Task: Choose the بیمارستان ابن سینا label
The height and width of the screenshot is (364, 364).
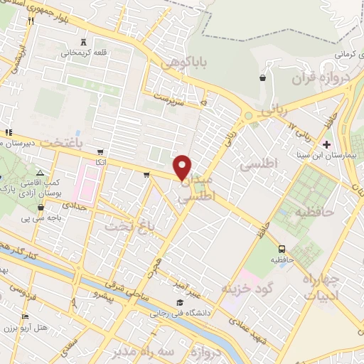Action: click(326, 154)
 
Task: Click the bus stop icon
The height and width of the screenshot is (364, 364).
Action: click(282, 249)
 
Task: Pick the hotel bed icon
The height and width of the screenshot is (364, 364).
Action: click(26, 316)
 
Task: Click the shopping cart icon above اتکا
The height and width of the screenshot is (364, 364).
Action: click(102, 151)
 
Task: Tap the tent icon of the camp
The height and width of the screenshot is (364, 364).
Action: click(41, 173)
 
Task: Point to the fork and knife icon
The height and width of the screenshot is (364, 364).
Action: click(31, 21)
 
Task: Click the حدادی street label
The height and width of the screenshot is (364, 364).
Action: click(75, 205)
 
